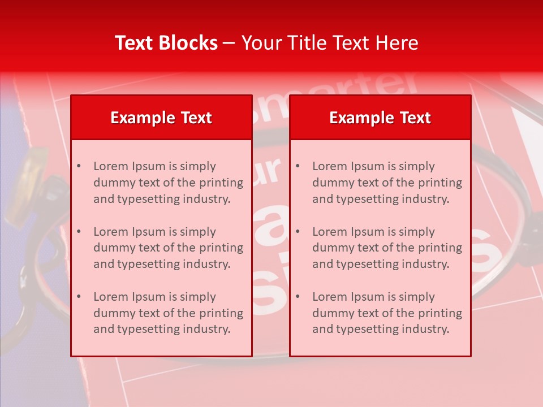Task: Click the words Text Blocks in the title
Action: pyautogui.click(x=166, y=43)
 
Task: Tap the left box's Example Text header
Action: pyautogui.click(x=161, y=118)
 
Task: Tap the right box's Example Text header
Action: pyautogui.click(x=380, y=118)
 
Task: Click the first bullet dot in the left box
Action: pyautogui.click(x=79, y=166)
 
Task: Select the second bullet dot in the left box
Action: pyautogui.click(x=79, y=232)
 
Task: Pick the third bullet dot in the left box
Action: pyautogui.click(x=79, y=297)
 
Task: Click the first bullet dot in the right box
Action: pyautogui.click(x=298, y=166)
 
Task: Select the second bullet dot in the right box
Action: pyautogui.click(x=298, y=232)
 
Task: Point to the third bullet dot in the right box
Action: pyautogui.click(x=298, y=297)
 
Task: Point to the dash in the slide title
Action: pyautogui.click(x=229, y=43)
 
